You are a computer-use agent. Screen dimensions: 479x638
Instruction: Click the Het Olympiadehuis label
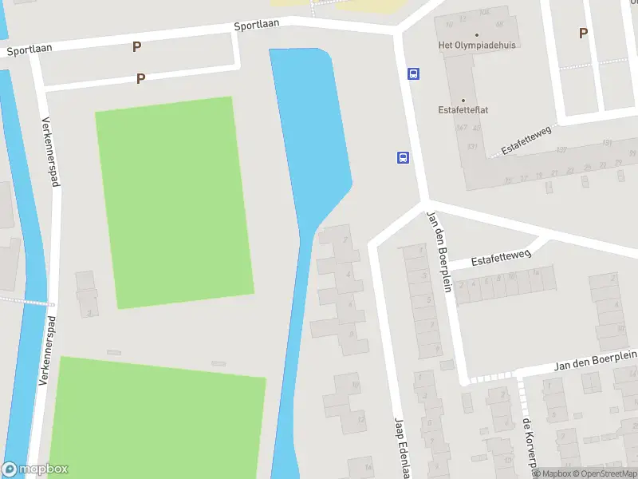[477, 46]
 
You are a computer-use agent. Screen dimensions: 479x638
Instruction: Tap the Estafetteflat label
[463, 110]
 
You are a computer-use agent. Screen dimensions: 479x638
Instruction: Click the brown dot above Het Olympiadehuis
[477, 34]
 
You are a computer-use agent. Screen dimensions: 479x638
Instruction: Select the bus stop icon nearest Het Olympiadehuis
[413, 73]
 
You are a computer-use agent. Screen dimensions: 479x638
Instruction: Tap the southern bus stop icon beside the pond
[404, 157]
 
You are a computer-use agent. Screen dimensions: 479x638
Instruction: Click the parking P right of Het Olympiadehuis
[583, 33]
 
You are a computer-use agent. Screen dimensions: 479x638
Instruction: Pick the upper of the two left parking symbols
[136, 46]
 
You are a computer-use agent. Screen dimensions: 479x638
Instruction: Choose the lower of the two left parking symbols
[141, 78]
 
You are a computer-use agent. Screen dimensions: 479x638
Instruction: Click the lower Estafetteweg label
[501, 257]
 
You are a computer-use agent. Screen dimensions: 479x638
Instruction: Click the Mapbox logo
[35, 469]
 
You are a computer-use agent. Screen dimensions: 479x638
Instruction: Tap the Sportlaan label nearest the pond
[257, 25]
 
